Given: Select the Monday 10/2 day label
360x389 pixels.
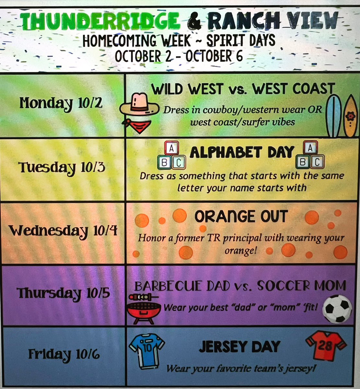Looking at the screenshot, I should coord(61,103).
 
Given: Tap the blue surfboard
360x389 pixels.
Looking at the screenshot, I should coord(334,116).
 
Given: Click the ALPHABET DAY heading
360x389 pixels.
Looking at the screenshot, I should coord(242,152).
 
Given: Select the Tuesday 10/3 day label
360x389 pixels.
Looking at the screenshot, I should coord(62,168).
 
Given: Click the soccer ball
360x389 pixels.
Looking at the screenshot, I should coord(338,308).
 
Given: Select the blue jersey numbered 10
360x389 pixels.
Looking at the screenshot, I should coord(147,352).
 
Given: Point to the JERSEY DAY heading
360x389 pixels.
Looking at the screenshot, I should coord(239,347).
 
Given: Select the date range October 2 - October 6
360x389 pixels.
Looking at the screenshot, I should coord(178,56).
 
